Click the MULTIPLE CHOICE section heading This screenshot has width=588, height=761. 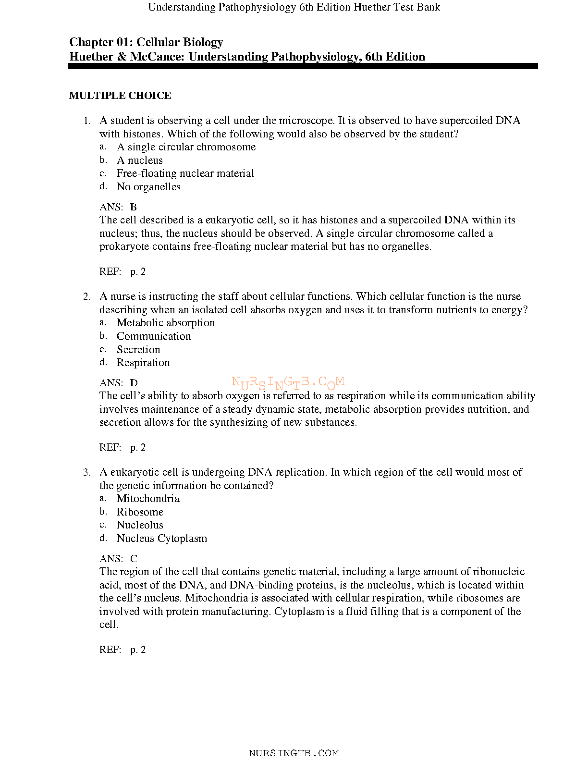tap(120, 96)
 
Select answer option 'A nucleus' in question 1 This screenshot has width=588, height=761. tap(140, 160)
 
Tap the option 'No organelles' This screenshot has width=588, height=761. tap(148, 187)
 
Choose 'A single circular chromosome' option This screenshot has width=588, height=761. tap(186, 147)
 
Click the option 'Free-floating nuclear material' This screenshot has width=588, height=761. tap(185, 173)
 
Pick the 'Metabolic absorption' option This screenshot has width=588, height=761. tap(166, 323)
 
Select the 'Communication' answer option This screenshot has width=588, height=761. tap(154, 336)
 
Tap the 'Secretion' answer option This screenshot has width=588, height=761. tap(138, 350)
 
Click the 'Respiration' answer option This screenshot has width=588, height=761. tap(143, 363)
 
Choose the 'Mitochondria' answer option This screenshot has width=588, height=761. tap(148, 499)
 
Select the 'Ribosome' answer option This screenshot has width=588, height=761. tap(140, 512)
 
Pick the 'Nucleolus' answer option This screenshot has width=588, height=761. tap(140, 525)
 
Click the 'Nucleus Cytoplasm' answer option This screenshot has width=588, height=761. tap(162, 539)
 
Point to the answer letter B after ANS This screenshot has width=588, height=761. tap(134, 207)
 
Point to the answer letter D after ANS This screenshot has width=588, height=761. tap(134, 383)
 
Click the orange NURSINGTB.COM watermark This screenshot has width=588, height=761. tap(288, 383)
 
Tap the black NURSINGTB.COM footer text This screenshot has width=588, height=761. tap(294, 753)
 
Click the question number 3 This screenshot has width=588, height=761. tap(86, 472)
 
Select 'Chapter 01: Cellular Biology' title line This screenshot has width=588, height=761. tap(146, 42)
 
